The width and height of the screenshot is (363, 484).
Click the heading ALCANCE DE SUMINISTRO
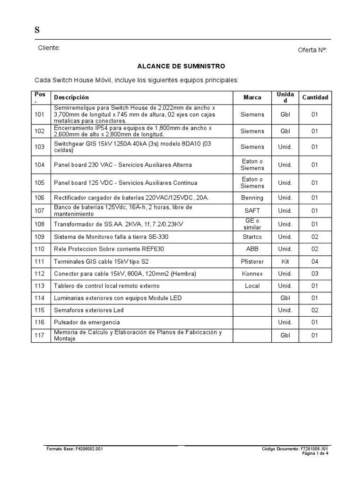(181, 66)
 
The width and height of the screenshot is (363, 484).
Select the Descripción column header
(71, 97)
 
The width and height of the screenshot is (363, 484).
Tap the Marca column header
(252, 97)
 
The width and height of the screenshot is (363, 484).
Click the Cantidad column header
(315, 97)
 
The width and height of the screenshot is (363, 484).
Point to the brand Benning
(252, 197)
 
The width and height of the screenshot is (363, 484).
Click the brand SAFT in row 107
(252, 210)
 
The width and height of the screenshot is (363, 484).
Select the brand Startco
(252, 236)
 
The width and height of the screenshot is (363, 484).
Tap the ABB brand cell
(252, 249)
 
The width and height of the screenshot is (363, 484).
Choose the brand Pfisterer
(252, 261)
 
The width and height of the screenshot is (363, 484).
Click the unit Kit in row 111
(285, 261)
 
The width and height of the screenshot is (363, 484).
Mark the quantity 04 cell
(315, 261)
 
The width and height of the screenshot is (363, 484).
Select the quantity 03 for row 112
(315, 274)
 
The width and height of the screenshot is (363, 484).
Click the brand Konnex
(252, 274)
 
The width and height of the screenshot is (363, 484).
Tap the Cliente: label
(49, 48)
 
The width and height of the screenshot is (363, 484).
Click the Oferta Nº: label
(312, 50)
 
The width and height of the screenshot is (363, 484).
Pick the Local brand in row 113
(252, 286)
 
